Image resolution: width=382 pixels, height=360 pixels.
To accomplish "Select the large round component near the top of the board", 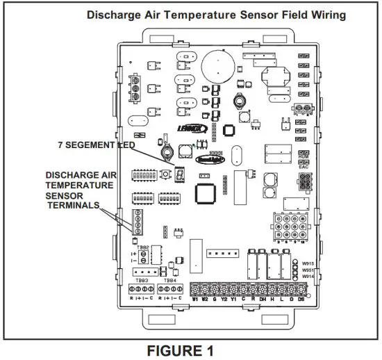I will [x=215, y=67].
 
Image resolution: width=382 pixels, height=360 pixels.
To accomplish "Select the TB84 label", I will [x=170, y=279].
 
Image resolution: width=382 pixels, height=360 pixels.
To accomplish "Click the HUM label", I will [x=302, y=159].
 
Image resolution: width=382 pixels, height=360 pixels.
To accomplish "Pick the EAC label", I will [x=302, y=167].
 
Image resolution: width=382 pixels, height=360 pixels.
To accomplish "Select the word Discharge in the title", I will [x=114, y=13].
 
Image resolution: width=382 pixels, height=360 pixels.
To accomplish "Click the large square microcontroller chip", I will [x=206, y=194].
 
